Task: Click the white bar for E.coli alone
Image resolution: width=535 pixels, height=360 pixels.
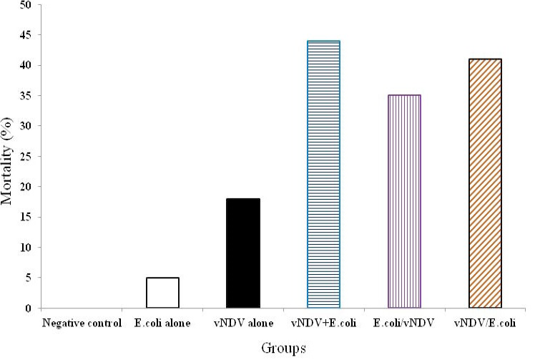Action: (x=162, y=293)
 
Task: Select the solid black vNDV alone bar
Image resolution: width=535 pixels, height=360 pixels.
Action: (x=243, y=253)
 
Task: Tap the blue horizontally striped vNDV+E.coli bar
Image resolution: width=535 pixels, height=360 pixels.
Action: (x=323, y=174)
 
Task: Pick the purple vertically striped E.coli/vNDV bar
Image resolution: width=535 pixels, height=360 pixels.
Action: (x=404, y=202)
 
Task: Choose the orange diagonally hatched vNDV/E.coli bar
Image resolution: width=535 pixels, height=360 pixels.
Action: (x=485, y=183)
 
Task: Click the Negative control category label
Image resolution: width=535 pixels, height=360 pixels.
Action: (x=82, y=323)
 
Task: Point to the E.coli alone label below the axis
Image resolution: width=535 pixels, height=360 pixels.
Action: (x=162, y=323)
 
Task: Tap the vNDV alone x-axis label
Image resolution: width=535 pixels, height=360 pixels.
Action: (x=244, y=323)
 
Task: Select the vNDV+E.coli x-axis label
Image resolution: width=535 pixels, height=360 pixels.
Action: (x=323, y=323)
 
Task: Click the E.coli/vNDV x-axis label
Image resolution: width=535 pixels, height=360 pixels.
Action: (x=403, y=323)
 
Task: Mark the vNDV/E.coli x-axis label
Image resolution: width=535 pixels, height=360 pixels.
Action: (x=485, y=323)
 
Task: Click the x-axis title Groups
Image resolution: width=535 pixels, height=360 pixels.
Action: (x=283, y=349)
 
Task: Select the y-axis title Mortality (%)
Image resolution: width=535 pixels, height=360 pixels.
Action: (x=7, y=161)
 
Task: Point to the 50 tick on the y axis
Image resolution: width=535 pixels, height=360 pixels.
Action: (x=26, y=5)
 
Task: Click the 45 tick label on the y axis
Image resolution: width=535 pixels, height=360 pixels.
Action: (x=26, y=35)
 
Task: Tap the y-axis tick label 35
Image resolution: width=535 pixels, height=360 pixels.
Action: (x=26, y=96)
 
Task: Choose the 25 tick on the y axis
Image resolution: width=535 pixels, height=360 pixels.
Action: (x=26, y=157)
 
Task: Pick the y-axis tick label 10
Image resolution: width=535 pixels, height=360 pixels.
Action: (x=26, y=248)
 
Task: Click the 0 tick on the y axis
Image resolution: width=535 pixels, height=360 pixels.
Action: (x=29, y=308)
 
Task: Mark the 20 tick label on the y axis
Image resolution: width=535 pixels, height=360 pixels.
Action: (x=26, y=187)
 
